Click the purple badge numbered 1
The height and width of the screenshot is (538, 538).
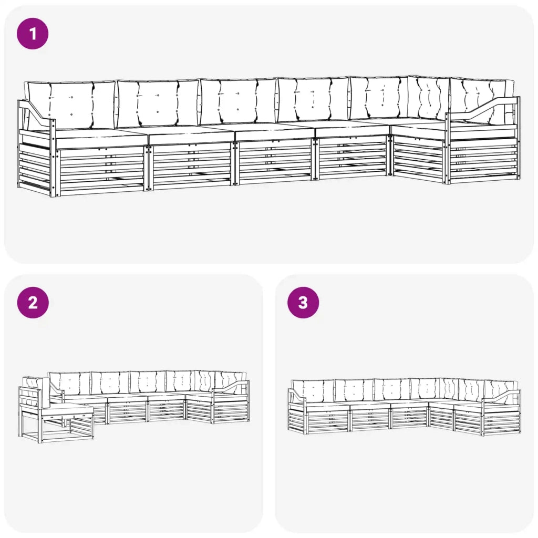pyautogui.click(x=33, y=34)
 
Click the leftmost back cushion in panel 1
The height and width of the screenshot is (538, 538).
pyautogui.click(x=70, y=105)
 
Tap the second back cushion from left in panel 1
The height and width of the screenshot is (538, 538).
pyautogui.click(x=158, y=103)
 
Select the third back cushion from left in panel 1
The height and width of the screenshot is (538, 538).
pyautogui.click(x=237, y=100)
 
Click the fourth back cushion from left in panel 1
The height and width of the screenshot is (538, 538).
pyautogui.click(x=313, y=99)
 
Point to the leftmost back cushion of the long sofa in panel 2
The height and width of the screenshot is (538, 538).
pyautogui.click(x=69, y=383)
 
